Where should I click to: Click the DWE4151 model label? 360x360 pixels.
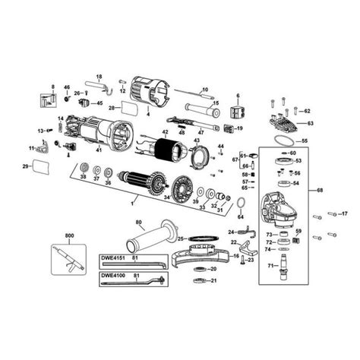click(x=115, y=259)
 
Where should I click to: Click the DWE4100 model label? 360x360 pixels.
click(x=115, y=274)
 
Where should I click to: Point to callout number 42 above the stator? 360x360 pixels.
click(x=164, y=131)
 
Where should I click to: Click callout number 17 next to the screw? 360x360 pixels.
click(x=343, y=213)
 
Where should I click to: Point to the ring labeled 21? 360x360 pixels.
click(x=200, y=283)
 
